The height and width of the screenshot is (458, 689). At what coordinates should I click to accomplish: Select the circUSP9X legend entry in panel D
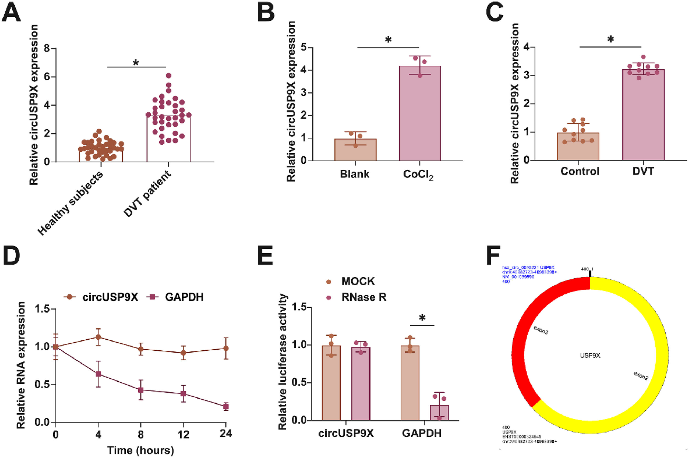[x=101, y=297]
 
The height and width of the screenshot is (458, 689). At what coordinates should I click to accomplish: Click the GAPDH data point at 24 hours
[x=226, y=406]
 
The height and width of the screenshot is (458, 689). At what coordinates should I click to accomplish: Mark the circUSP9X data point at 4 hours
[x=98, y=337]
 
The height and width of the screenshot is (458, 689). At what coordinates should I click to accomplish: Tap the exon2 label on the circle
[x=641, y=376]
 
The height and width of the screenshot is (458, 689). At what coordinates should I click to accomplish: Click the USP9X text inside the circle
[x=590, y=355]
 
